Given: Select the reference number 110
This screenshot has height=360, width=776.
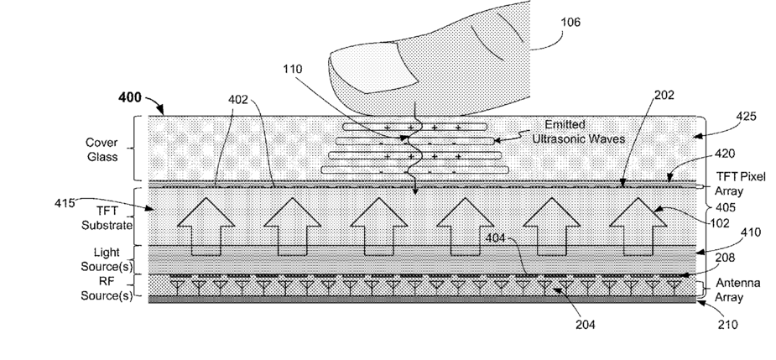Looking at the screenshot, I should pos(294,68).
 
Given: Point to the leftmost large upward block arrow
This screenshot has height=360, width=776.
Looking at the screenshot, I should pos(206,227).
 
